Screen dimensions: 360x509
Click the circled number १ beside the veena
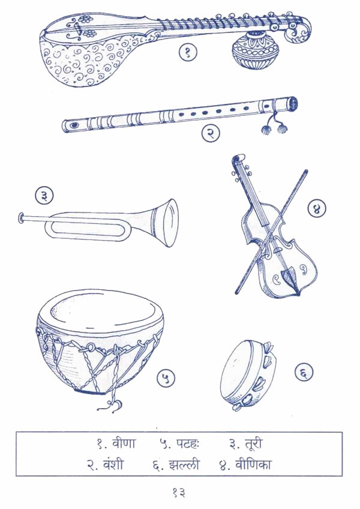pyautogui.click(x=188, y=53)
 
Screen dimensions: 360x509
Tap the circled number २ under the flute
pyautogui.click(x=211, y=133)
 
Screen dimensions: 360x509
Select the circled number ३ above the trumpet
pyautogui.click(x=44, y=196)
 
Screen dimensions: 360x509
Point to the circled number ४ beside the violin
pyautogui.click(x=317, y=209)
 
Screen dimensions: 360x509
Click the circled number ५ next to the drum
pyautogui.click(x=166, y=379)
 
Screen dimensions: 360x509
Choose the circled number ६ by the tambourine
pyautogui.click(x=304, y=372)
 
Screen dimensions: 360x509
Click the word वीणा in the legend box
pyautogui.click(x=124, y=444)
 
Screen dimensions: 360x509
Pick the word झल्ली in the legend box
pyautogui.click(x=184, y=465)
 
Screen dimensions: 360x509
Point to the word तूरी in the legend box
pyautogui.click(x=251, y=444)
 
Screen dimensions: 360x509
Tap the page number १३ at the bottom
pyautogui.click(x=179, y=493)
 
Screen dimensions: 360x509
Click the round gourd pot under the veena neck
pyautogui.click(x=256, y=50)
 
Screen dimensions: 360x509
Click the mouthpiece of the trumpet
pyautogui.click(x=21, y=218)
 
